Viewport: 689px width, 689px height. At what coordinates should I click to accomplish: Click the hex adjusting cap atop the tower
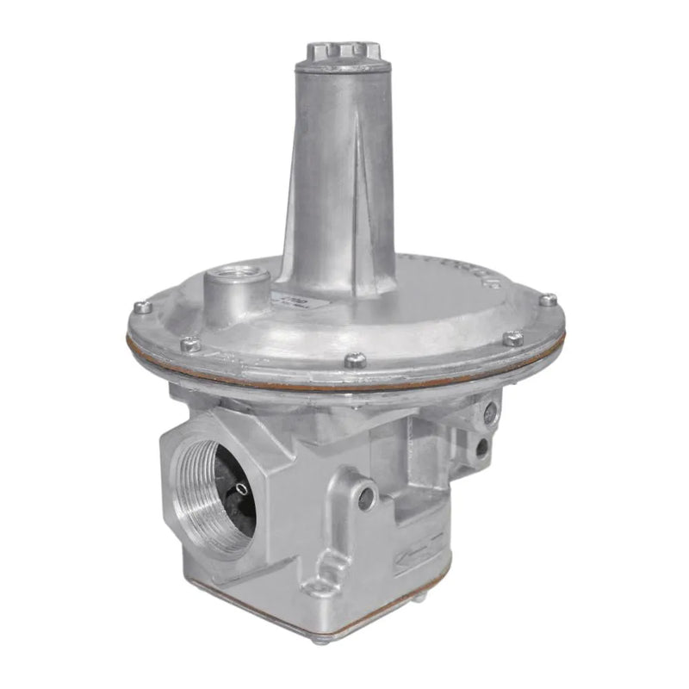tap(341, 53)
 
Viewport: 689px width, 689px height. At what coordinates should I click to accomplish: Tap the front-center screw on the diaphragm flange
tap(355, 360)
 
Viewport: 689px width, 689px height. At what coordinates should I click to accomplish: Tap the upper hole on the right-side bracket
tap(490, 413)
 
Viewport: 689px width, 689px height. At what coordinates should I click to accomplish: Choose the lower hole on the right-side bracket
tap(481, 447)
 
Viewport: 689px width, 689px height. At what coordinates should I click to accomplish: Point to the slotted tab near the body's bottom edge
tap(327, 568)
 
